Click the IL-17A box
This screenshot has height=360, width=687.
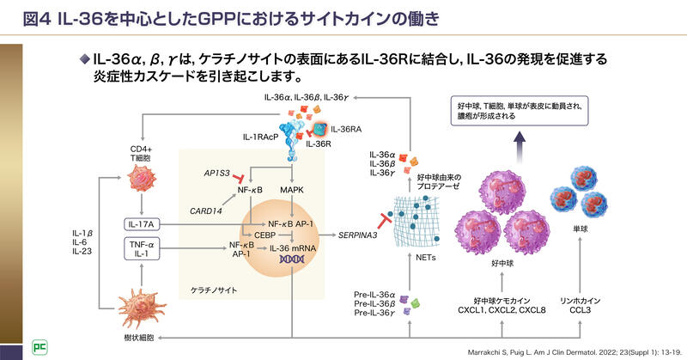point(143,223)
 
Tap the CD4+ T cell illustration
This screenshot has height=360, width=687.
point(142,179)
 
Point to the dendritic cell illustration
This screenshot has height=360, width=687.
point(142,307)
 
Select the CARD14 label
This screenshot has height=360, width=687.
point(206,210)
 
